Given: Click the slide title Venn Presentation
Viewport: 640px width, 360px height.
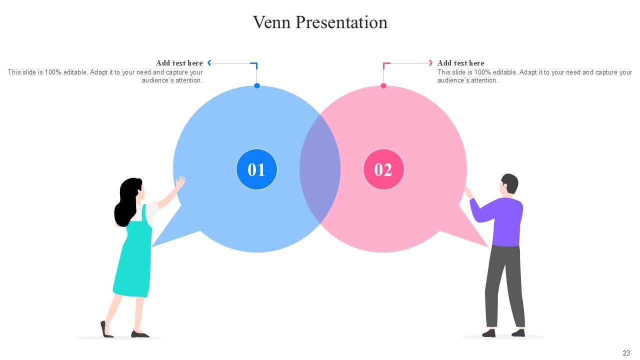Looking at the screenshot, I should (x=320, y=22).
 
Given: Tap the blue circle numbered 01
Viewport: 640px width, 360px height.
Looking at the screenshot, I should (x=256, y=169).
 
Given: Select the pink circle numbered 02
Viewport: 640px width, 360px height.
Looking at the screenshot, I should (x=383, y=169).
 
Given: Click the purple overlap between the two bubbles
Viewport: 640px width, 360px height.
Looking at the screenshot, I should (x=320, y=169).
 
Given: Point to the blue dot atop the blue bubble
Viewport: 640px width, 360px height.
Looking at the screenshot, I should (x=257, y=86).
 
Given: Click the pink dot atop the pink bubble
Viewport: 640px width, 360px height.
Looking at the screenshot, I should (x=383, y=86).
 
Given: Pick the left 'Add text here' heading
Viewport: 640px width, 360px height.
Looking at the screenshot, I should (x=179, y=63).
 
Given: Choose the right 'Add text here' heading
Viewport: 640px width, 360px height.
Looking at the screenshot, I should (x=460, y=63).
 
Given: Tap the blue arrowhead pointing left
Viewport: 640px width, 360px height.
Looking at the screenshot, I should (x=209, y=63).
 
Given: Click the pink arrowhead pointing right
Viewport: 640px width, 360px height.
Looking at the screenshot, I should (x=430, y=63).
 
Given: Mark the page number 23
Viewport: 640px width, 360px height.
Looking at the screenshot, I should (x=626, y=353).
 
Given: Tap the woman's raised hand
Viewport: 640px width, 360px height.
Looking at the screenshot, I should (x=180, y=182).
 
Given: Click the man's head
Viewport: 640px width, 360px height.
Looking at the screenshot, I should (x=509, y=184).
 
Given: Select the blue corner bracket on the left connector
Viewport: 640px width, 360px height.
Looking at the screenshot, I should (x=254, y=65).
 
